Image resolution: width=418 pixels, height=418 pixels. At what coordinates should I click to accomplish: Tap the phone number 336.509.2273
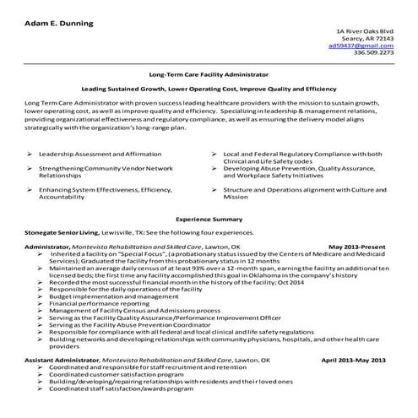[373, 52]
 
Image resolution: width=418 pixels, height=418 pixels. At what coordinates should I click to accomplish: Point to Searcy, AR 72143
[370, 38]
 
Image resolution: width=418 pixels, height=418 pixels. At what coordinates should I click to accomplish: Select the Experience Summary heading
[209, 219]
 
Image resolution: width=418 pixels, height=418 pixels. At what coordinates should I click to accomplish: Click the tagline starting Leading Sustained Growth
[209, 89]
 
